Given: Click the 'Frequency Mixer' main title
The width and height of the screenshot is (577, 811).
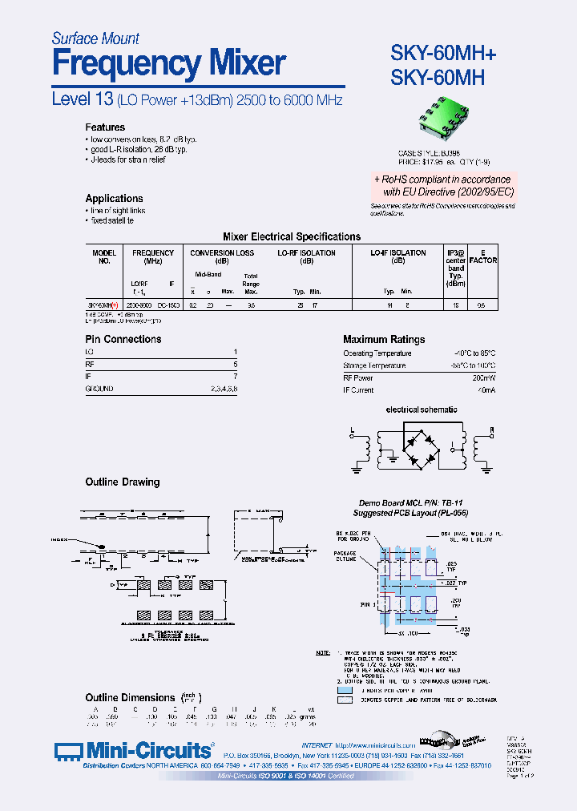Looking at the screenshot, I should click(168, 63).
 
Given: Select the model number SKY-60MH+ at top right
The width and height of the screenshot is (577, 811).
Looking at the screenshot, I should click(443, 54).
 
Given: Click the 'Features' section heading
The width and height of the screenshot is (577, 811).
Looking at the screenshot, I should click(105, 127).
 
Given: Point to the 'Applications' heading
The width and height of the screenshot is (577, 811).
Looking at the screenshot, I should click(114, 199).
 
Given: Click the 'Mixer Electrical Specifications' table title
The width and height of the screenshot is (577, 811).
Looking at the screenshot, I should click(291, 237).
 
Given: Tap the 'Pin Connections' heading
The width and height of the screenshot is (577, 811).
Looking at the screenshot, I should click(123, 340).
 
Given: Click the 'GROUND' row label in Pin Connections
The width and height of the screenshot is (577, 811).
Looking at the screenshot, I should click(99, 389).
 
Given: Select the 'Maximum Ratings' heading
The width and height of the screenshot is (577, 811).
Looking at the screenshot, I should click(384, 340).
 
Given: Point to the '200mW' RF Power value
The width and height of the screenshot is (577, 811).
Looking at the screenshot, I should click(482, 377).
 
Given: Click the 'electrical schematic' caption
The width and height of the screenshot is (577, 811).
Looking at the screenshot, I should click(422, 410).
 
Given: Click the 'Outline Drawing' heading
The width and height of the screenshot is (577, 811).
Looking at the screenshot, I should click(123, 482).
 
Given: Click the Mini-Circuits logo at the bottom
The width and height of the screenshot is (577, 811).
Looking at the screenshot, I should click(135, 751).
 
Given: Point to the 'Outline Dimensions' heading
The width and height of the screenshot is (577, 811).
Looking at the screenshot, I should click(130, 698).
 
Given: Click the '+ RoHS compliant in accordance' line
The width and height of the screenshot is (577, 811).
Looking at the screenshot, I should click(444, 180).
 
